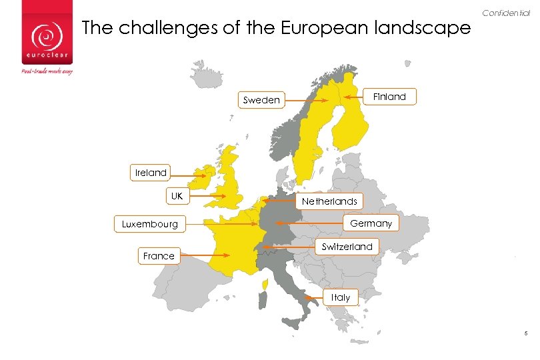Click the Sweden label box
(261, 101)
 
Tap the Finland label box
(389, 97)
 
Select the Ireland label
(151, 173)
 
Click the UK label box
(177, 196)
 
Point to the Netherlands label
(329, 201)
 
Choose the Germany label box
(371, 223)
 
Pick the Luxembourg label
(150, 224)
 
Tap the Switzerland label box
(347, 247)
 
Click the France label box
(159, 255)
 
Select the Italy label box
(341, 297)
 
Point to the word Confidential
(505, 13)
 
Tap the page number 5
(526, 334)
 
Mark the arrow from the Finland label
(354, 97)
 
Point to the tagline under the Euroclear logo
(47, 71)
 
